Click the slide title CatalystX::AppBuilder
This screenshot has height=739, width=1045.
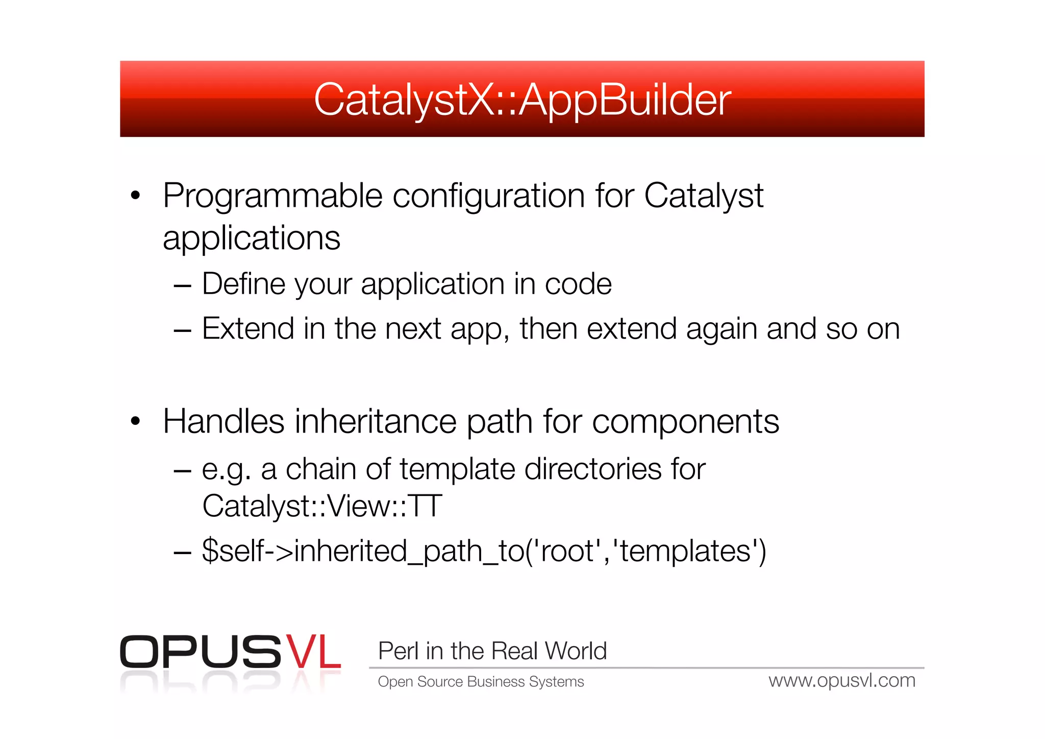coord(522,100)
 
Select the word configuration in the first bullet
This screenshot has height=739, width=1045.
coord(488,197)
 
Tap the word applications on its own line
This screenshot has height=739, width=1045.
coord(251,239)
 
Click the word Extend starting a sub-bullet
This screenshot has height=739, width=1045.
coord(247,328)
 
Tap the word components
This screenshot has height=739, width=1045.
coord(685,422)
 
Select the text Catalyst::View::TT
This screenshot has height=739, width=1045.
coord(322,506)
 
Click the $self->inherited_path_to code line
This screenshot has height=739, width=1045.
coord(484,552)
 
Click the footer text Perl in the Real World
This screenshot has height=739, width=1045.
coord(492,651)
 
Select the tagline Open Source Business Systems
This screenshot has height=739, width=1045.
coord(481,682)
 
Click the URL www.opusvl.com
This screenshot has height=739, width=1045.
coord(842,681)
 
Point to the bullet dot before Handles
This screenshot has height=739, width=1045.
coord(135,421)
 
